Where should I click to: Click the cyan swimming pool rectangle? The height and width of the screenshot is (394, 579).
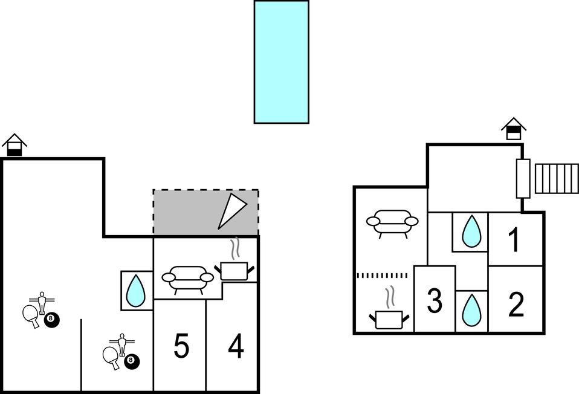pyautogui.click(x=281, y=62)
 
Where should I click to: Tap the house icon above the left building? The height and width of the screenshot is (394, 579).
pyautogui.click(x=14, y=146)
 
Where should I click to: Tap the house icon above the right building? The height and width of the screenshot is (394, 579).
pyautogui.click(x=513, y=129)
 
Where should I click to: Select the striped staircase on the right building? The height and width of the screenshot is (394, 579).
pyautogui.click(x=557, y=178)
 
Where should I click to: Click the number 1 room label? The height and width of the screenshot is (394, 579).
pyautogui.click(x=514, y=240)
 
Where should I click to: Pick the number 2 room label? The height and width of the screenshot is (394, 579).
pyautogui.click(x=516, y=305)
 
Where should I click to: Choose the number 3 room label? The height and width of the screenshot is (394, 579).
pyautogui.click(x=435, y=301)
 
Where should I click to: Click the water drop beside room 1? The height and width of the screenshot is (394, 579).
pyautogui.click(x=471, y=232)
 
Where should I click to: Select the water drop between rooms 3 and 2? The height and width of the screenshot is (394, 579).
pyautogui.click(x=471, y=311)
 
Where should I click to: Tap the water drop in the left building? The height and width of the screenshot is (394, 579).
pyautogui.click(x=137, y=291)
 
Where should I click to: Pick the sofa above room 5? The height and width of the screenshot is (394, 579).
pyautogui.click(x=188, y=279)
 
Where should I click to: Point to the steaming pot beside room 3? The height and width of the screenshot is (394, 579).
pyautogui.click(x=389, y=314)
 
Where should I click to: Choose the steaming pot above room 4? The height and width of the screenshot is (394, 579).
pyautogui.click(x=235, y=266)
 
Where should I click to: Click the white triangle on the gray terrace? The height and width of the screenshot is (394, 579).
pyautogui.click(x=231, y=211)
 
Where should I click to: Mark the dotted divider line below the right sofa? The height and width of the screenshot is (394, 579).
pyautogui.click(x=382, y=276)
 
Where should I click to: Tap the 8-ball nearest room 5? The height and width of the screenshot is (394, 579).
pyautogui.click(x=131, y=362)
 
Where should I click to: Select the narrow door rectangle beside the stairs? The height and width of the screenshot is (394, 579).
pyautogui.click(x=523, y=178)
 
